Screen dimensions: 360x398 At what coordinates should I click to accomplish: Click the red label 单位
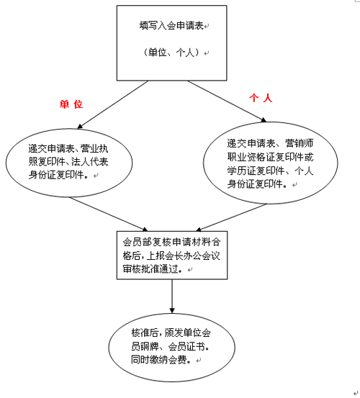coord(71,104)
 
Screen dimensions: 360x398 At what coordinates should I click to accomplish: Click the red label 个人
coord(261,98)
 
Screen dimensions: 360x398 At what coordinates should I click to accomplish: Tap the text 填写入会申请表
coord(171,26)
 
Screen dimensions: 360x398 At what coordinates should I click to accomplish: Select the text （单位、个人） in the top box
coord(171,53)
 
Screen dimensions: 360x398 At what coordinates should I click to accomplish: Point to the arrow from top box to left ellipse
coord(113,104)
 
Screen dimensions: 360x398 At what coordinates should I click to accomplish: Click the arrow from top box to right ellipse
coord(227,101)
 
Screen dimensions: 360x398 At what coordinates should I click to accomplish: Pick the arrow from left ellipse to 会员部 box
coord(109,214)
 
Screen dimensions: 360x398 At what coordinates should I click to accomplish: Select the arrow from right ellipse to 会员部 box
coord(231,217)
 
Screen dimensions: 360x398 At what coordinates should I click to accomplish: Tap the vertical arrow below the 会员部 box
coord(172,297)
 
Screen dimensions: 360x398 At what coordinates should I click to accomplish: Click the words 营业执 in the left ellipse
coord(94,148)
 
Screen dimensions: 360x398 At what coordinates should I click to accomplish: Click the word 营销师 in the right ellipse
coord(300,143)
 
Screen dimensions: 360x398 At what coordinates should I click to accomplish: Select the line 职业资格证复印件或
coord(271,157)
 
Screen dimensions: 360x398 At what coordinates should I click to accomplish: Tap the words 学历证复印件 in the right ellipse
coord(255,171)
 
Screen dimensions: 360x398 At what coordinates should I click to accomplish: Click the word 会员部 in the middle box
coord(137,242)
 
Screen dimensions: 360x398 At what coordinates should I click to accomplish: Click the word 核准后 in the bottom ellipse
coord(145,333)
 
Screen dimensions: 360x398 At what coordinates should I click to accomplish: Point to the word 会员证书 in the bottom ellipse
coord(187,346)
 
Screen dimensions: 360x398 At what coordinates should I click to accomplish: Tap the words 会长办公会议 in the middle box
coord(192,255)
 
